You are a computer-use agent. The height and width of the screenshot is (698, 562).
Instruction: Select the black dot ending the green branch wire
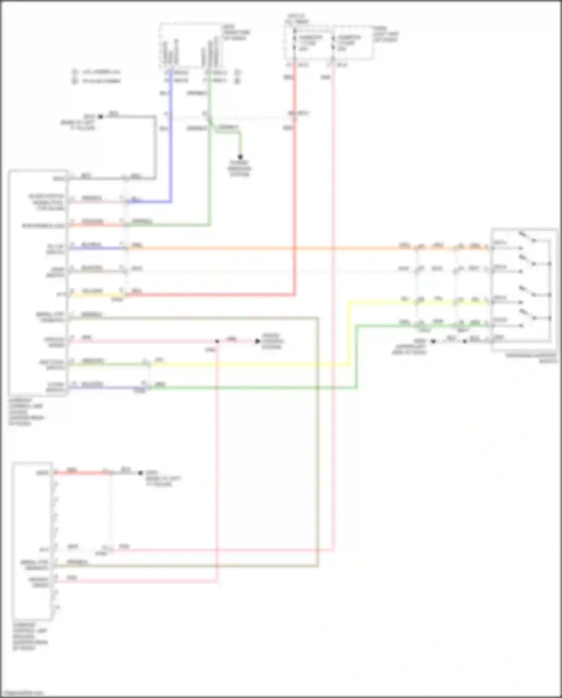tap(240, 157)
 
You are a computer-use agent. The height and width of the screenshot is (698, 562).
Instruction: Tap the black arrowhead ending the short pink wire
tap(257, 341)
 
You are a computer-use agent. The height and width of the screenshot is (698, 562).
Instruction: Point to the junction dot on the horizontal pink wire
tap(217, 341)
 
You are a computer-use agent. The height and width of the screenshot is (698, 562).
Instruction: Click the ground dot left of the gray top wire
tap(100, 117)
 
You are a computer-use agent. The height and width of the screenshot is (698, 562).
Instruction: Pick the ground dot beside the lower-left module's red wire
tap(140, 473)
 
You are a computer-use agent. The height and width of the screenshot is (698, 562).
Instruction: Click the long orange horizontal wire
tap(262, 248)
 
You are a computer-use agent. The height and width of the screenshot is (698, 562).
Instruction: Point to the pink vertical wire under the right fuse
tap(333, 300)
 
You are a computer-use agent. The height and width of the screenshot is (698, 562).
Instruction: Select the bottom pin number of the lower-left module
tap(57, 607)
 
